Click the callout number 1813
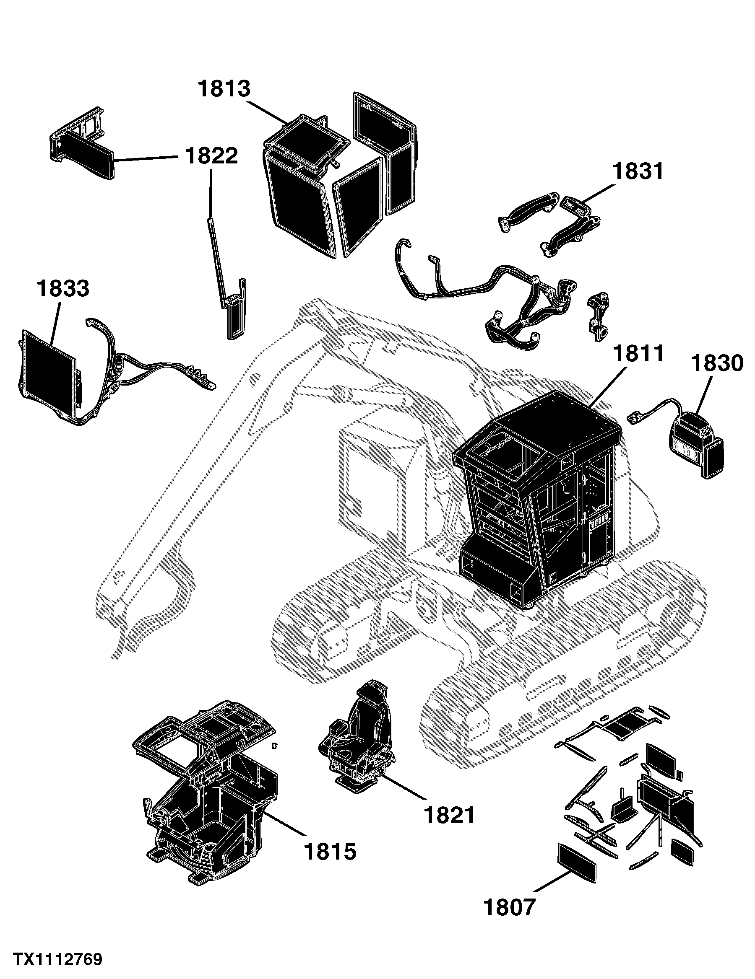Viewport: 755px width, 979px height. pyautogui.click(x=224, y=89)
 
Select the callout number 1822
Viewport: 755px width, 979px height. pyautogui.click(x=211, y=155)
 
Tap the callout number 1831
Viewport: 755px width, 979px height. pyautogui.click(x=638, y=172)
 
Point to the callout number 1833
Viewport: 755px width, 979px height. pyautogui.click(x=63, y=288)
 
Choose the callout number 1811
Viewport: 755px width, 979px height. pyautogui.click(x=638, y=354)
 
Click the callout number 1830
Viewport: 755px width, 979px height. pyautogui.click(x=717, y=363)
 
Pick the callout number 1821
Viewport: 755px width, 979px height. pyautogui.click(x=450, y=815)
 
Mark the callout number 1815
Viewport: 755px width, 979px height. pyautogui.click(x=331, y=851)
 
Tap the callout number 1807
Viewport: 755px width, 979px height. pyautogui.click(x=510, y=907)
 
